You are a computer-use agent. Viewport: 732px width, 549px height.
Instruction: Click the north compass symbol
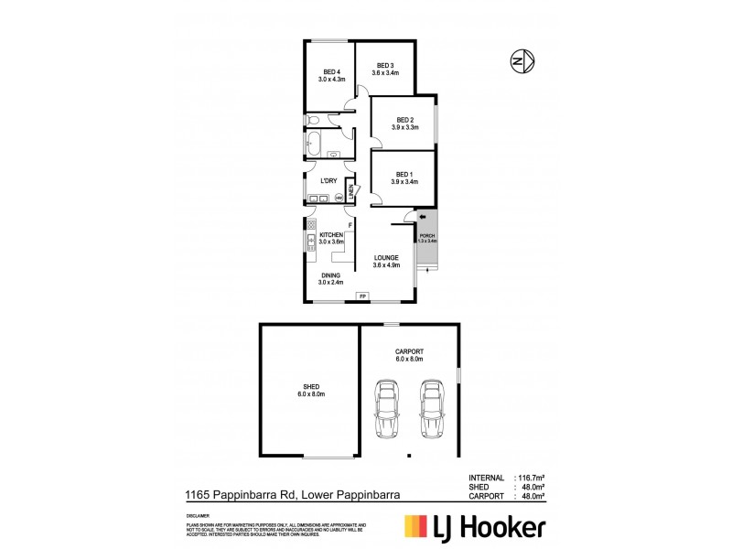tap(522, 61)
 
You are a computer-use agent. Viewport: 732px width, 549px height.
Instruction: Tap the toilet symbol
tap(313, 120)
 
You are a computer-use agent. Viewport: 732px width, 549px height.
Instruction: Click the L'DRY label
tap(328, 180)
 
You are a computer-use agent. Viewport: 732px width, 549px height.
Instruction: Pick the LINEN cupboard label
tap(350, 192)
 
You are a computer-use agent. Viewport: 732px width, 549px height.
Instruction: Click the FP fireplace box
tap(362, 296)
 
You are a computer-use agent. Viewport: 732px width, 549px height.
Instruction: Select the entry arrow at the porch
tap(423, 217)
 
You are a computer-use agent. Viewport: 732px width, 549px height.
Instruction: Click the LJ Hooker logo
tap(475, 527)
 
